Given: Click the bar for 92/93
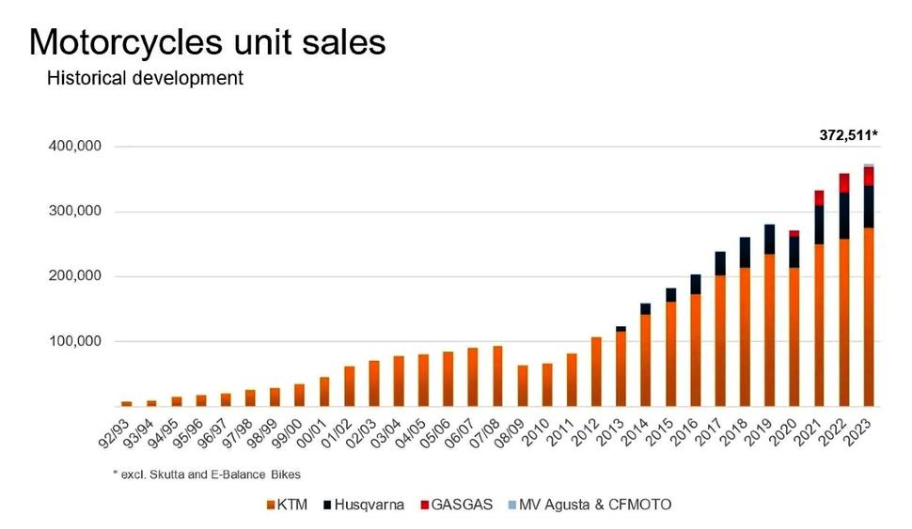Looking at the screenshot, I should (126, 403).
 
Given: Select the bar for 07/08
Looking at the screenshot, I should (497, 376).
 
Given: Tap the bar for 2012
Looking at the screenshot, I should (596, 371).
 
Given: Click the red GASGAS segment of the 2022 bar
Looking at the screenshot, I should (844, 182).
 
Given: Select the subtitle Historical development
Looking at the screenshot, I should (145, 79).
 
